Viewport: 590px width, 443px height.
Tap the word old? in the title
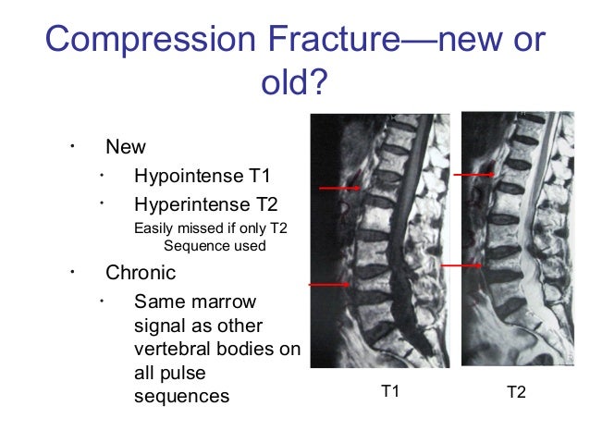(x=294, y=84)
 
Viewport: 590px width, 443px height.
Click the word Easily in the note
(x=154, y=228)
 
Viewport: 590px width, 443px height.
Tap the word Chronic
(x=141, y=274)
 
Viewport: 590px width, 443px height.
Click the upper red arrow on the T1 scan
(x=339, y=188)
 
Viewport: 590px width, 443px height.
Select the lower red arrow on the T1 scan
(x=329, y=285)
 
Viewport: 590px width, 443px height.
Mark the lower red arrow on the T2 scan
(x=461, y=265)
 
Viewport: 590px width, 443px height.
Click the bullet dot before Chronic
(x=69, y=273)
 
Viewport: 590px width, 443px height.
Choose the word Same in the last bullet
(x=154, y=302)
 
